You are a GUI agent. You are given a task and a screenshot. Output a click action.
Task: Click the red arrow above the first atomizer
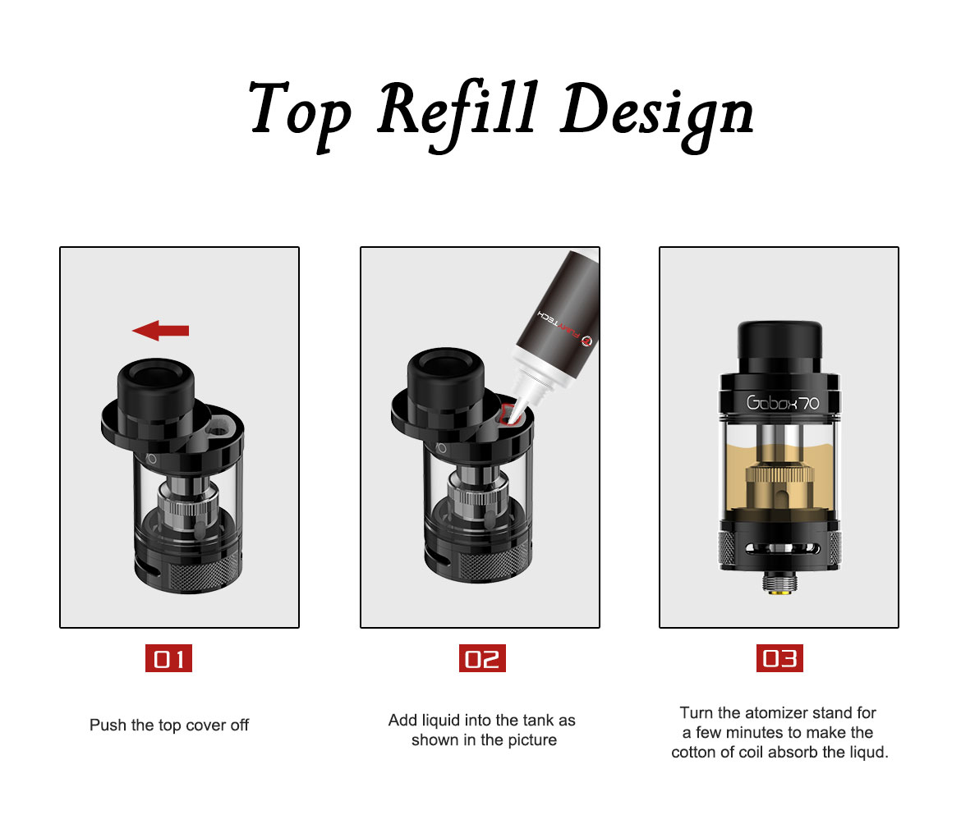(160, 331)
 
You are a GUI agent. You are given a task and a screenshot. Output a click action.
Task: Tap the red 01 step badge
(168, 658)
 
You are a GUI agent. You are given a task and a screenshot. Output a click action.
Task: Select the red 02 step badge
(482, 658)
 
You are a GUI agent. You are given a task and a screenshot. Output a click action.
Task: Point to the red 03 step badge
(779, 658)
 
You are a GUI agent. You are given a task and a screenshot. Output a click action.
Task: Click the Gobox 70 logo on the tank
(783, 402)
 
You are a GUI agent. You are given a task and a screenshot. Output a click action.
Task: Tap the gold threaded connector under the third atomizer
(780, 583)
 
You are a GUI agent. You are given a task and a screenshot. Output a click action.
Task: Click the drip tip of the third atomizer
(779, 346)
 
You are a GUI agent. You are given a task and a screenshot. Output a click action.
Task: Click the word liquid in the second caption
(441, 720)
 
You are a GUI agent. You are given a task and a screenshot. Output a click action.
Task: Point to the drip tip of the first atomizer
(156, 389)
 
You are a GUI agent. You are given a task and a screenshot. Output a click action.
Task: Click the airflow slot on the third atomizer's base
(779, 548)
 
